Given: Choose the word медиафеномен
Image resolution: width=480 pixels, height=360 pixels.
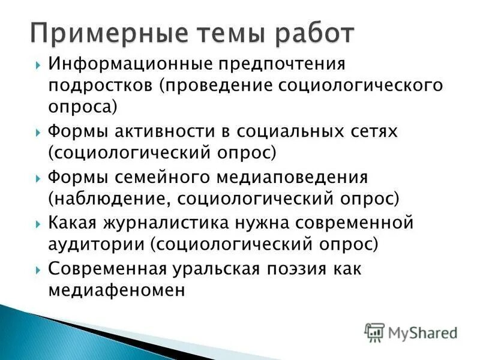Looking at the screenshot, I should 116,290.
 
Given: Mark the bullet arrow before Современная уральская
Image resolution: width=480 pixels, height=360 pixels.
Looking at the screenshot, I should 38,269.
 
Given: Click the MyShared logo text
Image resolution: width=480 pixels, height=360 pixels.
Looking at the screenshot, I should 420,331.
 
